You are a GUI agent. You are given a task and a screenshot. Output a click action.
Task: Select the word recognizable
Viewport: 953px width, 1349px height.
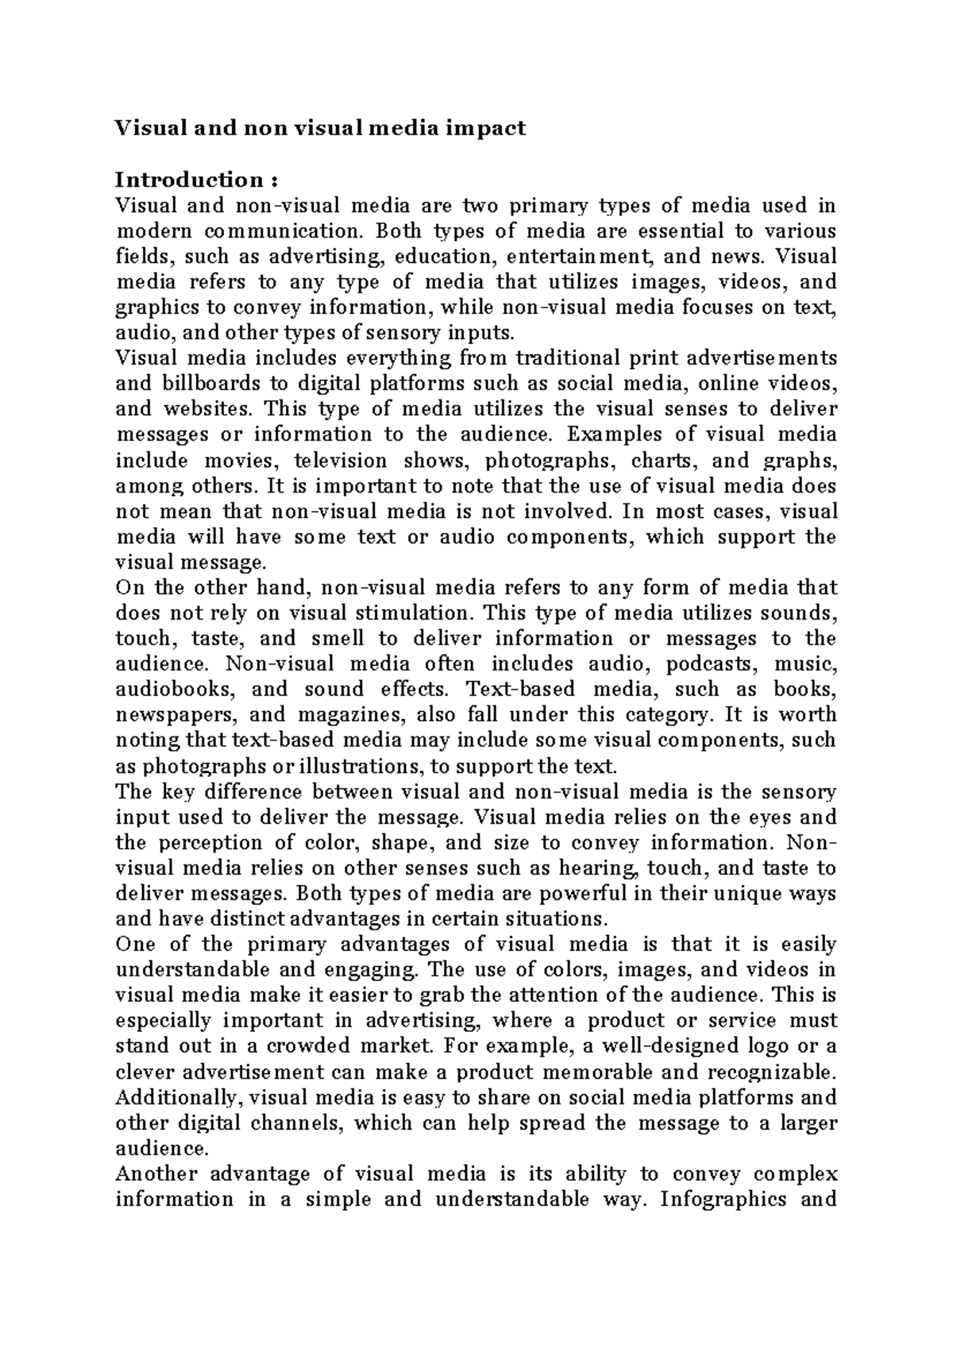pos(766,1073)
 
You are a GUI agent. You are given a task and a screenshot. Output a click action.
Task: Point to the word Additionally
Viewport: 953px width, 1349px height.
pos(176,1098)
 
